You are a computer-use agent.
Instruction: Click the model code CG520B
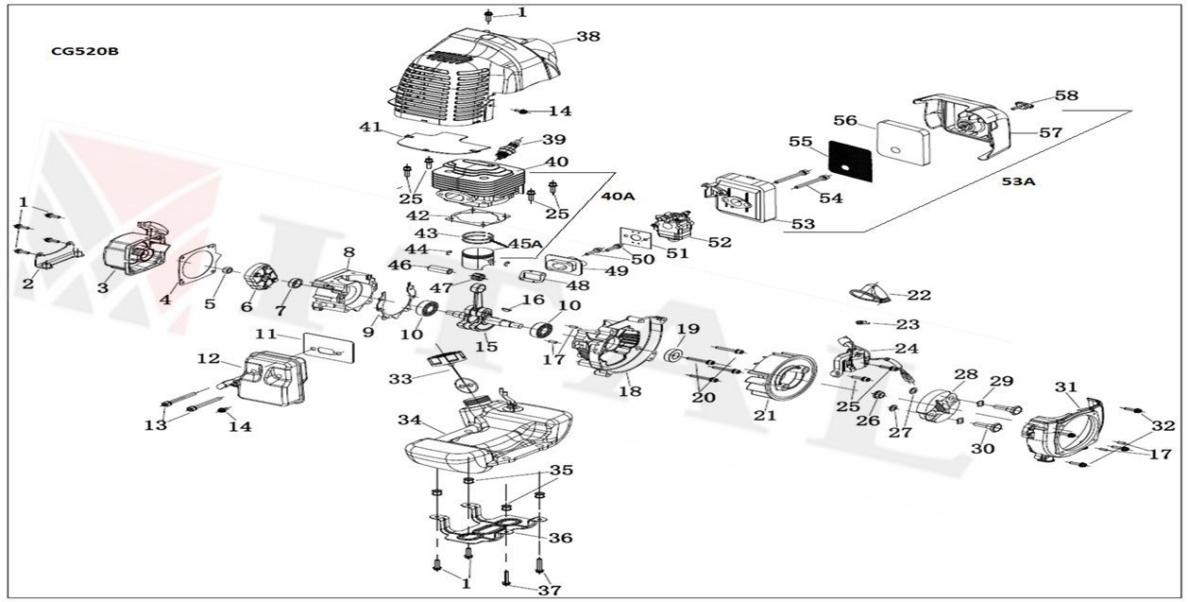pos(85,52)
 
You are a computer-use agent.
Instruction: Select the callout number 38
pos(588,38)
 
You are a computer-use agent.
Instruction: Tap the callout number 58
pos(1066,96)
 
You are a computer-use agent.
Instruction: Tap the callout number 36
pos(561,538)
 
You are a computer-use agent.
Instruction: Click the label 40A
pos(618,196)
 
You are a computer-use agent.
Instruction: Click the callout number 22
pos(919,296)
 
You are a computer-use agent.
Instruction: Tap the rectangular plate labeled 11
pos(330,348)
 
